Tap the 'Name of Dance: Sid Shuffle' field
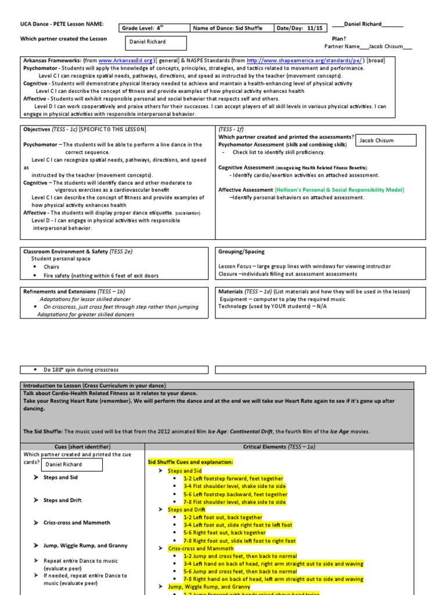(228, 28)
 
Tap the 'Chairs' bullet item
(51, 267)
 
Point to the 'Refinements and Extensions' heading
(74, 291)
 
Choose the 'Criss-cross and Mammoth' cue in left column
(77, 523)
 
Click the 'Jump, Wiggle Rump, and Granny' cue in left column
(85, 546)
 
